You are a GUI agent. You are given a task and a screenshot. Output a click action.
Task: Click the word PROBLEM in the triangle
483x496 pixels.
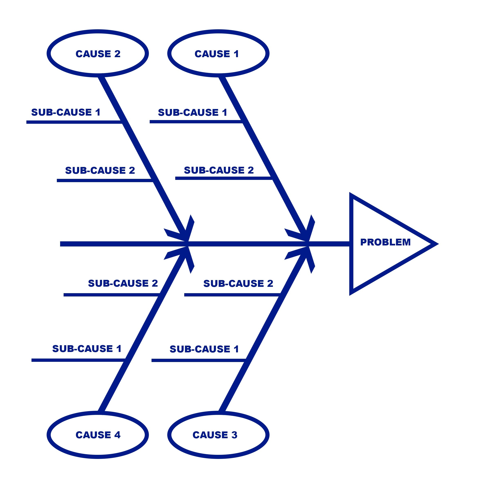click(385, 242)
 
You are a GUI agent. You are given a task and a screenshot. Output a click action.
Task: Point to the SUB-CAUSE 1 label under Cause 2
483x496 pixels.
click(66, 112)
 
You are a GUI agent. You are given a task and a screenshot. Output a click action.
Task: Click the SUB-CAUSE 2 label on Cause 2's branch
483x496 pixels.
click(100, 170)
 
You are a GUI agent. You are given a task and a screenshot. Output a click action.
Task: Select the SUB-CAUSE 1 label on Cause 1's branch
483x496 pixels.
click(193, 112)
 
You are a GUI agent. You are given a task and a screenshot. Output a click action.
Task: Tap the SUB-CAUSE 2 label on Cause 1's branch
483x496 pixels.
click(219, 170)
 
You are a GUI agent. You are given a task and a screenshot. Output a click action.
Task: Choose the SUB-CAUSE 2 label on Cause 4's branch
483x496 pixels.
click(123, 283)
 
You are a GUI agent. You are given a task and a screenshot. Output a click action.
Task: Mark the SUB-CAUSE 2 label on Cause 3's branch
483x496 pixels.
click(238, 283)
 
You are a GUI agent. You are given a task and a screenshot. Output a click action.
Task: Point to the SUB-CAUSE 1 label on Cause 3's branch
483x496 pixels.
click(204, 349)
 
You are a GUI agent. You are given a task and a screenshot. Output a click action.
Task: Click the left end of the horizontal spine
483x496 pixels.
click(60, 244)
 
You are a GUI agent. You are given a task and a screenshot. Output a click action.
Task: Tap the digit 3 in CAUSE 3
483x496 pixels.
click(234, 435)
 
